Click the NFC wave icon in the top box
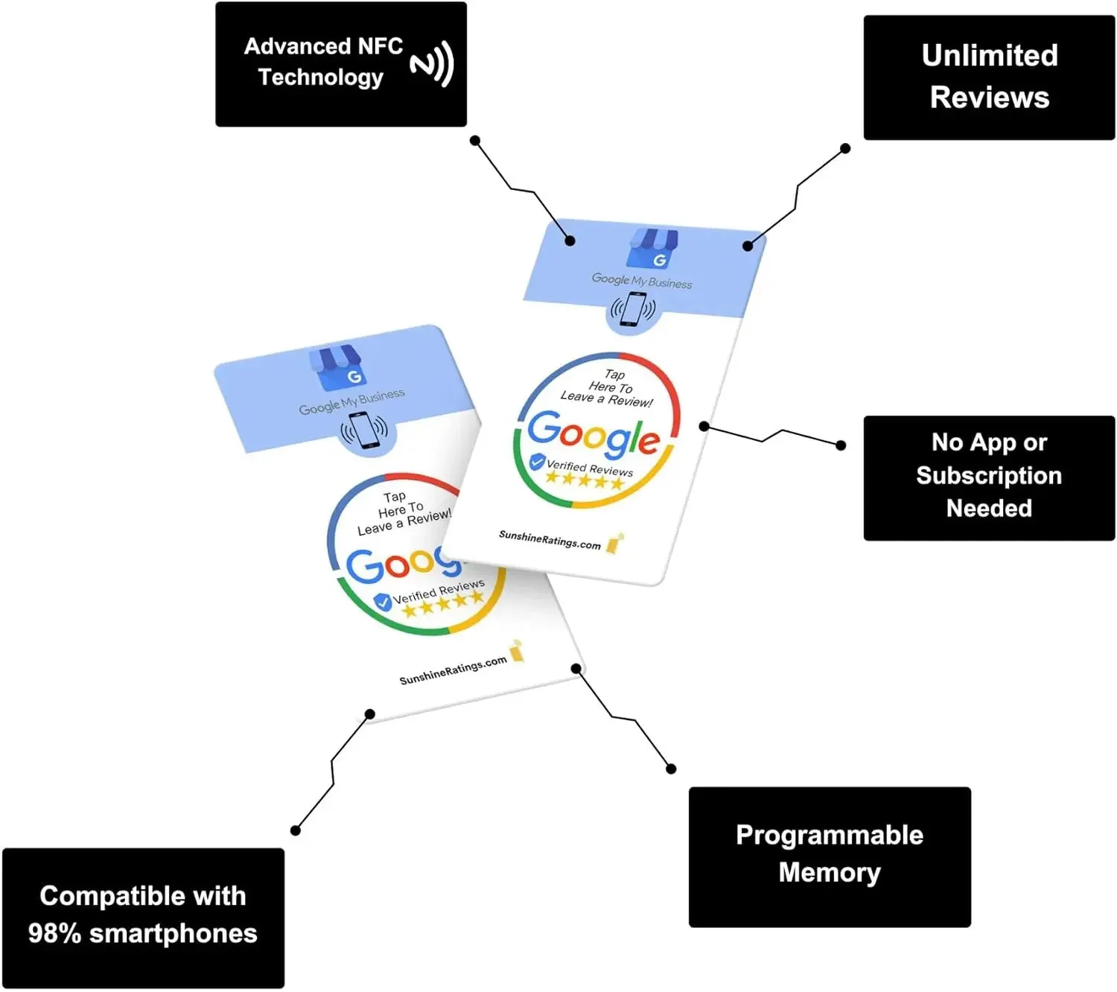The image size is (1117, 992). (432, 64)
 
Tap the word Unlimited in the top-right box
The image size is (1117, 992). (989, 56)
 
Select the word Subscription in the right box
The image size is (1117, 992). (988, 475)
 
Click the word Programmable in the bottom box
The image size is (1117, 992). (829, 835)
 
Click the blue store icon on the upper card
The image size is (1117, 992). (652, 248)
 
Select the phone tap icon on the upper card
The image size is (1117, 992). (633, 309)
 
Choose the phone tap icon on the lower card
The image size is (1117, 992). (365, 431)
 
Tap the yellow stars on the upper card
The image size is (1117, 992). (584, 480)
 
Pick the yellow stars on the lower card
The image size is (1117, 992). (442, 604)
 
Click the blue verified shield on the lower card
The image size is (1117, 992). (382, 602)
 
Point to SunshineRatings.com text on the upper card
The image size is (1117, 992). (550, 540)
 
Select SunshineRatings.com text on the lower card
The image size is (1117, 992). (453, 670)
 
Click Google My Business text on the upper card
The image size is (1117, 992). (641, 281)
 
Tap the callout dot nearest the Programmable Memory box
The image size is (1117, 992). (671, 769)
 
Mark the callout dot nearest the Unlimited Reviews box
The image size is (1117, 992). (845, 148)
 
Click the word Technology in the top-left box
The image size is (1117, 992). (320, 77)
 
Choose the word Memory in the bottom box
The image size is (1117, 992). (829, 872)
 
